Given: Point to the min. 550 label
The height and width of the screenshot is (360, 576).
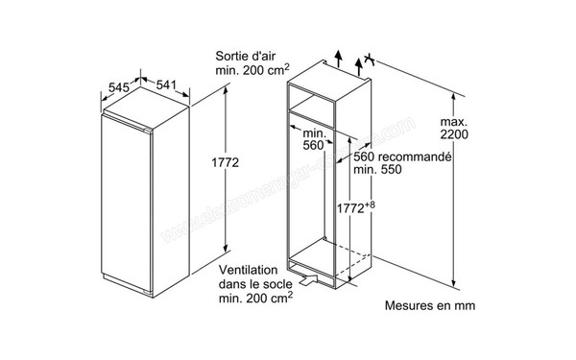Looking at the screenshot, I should pos(376,170).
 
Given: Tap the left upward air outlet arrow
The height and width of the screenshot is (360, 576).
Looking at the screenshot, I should pos(338,58).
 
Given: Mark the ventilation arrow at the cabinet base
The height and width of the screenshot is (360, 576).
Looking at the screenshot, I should pos(308,280).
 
